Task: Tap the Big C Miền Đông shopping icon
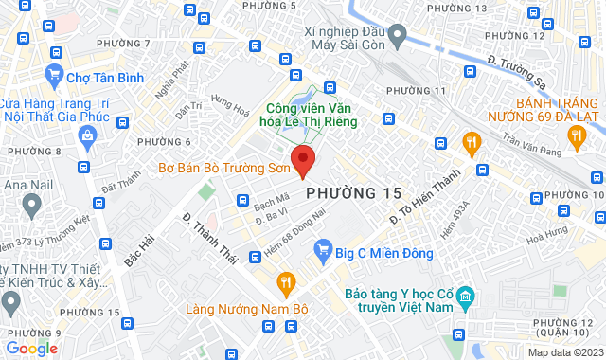[x=324, y=252]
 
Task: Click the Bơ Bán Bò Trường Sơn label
[x=223, y=171]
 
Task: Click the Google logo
[x=31, y=349]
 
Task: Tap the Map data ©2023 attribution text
[x=563, y=352]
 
